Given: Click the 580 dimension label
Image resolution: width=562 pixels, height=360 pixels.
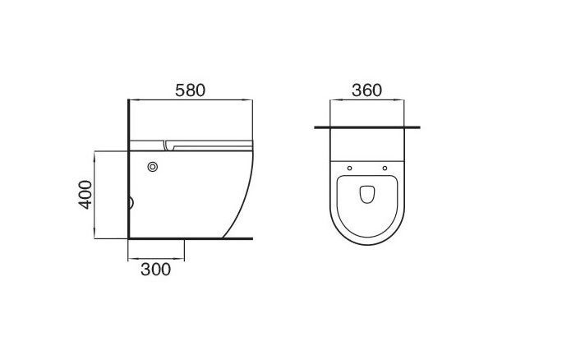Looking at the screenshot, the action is click(190, 90).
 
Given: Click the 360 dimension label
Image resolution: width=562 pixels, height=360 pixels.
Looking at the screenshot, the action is click(366, 90).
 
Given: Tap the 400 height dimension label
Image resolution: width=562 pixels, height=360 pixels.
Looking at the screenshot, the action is click(85, 195).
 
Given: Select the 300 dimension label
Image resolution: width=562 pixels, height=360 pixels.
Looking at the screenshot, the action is click(155, 270).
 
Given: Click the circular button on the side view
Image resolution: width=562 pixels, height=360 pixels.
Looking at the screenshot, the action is click(153, 167).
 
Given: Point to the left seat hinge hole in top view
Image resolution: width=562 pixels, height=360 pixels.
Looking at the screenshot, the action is click(349, 168).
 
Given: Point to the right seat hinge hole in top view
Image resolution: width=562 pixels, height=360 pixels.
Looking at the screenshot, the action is click(385, 168).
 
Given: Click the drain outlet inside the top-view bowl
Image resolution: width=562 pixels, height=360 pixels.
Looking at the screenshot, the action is click(367, 194).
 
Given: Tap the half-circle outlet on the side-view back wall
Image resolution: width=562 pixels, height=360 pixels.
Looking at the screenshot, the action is click(131, 203).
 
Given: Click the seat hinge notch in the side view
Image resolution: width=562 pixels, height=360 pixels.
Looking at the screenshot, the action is click(168, 145).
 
